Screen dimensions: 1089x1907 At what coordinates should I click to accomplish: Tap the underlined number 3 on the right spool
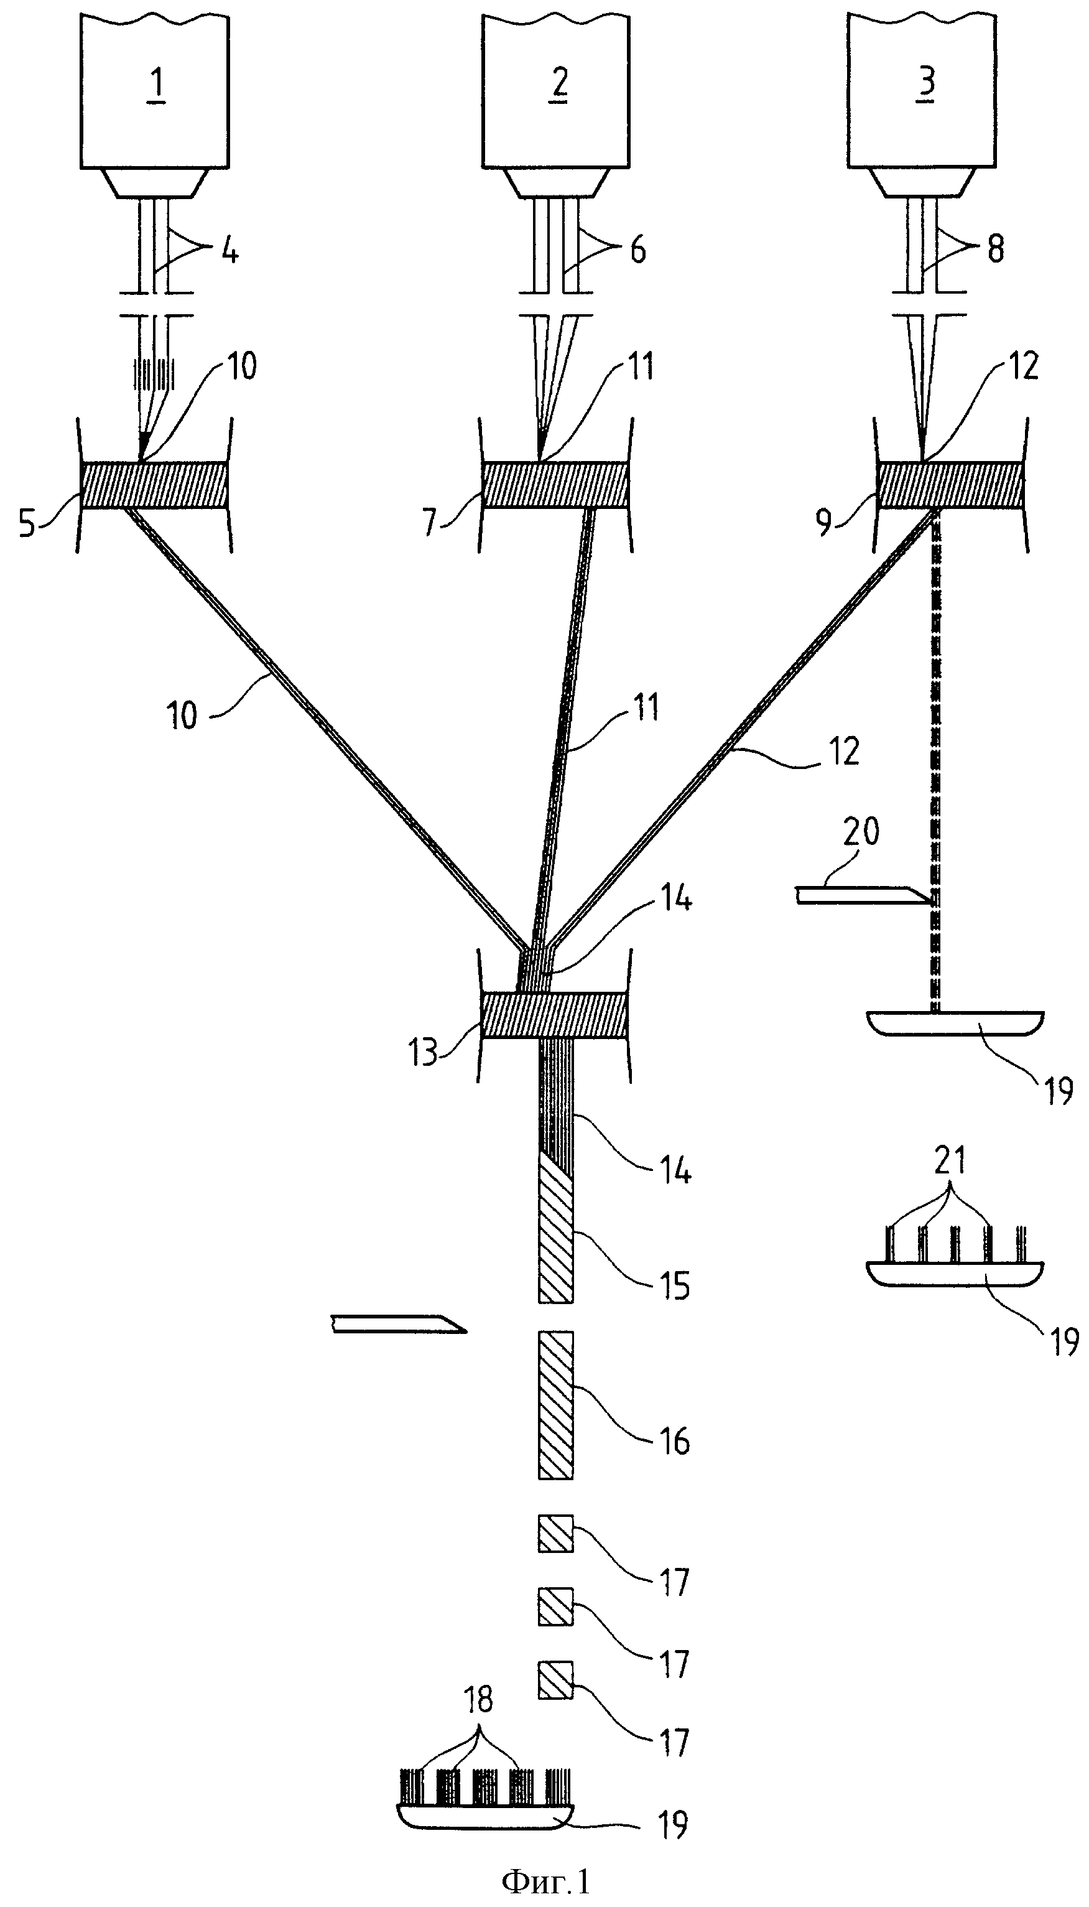coord(926,82)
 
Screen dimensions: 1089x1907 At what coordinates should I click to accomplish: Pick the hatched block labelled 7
coord(555,485)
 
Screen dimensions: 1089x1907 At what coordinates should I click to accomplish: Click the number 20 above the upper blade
coord(861,831)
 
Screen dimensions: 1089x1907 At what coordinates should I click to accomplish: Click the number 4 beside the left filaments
coord(230,252)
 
